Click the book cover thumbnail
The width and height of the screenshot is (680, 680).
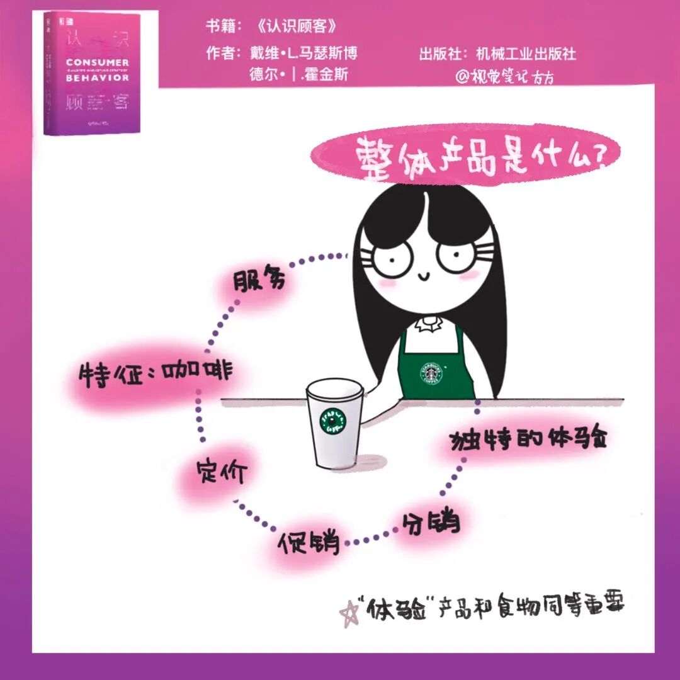93,72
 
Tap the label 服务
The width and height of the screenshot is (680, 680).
259,281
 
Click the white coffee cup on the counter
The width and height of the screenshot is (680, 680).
335,425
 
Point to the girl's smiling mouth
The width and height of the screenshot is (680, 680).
423,275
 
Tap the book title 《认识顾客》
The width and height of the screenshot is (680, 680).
297,27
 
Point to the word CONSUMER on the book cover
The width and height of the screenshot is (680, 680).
98,62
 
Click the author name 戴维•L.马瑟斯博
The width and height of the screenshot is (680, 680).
307,54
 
